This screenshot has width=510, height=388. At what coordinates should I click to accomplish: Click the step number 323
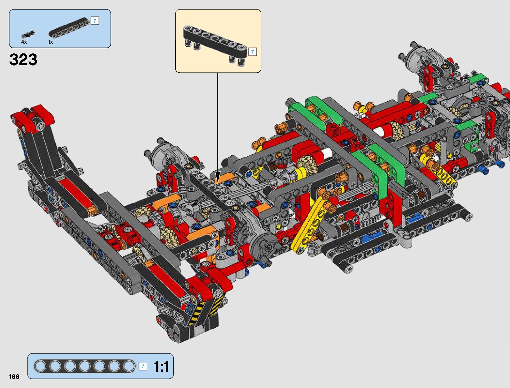pos(23,59)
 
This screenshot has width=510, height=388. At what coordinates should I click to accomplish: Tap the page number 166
pos(14,377)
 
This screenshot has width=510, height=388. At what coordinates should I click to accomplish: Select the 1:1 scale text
pos(161,366)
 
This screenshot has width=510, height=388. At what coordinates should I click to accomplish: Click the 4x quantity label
pos(24,42)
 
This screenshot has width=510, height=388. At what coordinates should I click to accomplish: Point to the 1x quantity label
pos(51,42)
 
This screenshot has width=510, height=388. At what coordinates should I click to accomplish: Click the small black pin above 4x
pos(28,34)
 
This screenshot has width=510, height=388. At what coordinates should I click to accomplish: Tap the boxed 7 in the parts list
pos(95,21)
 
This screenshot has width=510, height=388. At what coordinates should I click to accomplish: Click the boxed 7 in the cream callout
pos(253,52)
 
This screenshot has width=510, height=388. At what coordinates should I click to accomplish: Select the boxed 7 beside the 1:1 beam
pos(143,366)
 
